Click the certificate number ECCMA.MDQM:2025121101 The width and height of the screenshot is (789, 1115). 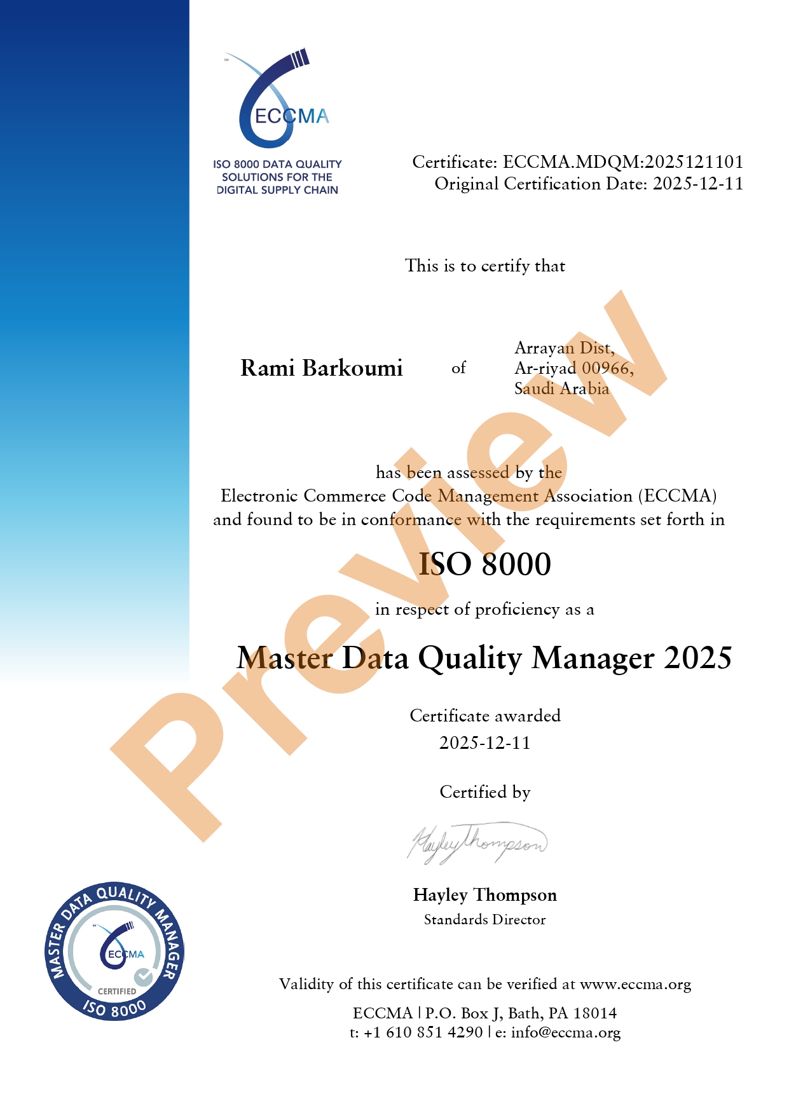[623, 162]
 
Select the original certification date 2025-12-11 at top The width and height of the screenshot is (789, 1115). [698, 184]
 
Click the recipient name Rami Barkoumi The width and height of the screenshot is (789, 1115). [322, 368]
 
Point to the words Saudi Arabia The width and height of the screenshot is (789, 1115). [561, 388]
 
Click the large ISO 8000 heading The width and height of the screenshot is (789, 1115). [484, 564]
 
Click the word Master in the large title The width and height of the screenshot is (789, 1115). [284, 658]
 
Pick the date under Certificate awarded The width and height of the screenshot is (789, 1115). [484, 742]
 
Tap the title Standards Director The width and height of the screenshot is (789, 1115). [484, 920]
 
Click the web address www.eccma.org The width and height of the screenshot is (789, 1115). [635, 984]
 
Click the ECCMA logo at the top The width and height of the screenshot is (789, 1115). [280, 102]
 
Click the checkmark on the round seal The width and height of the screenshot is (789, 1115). [143, 976]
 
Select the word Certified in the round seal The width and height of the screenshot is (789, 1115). [117, 991]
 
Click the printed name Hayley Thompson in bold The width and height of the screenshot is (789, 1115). [484, 895]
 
